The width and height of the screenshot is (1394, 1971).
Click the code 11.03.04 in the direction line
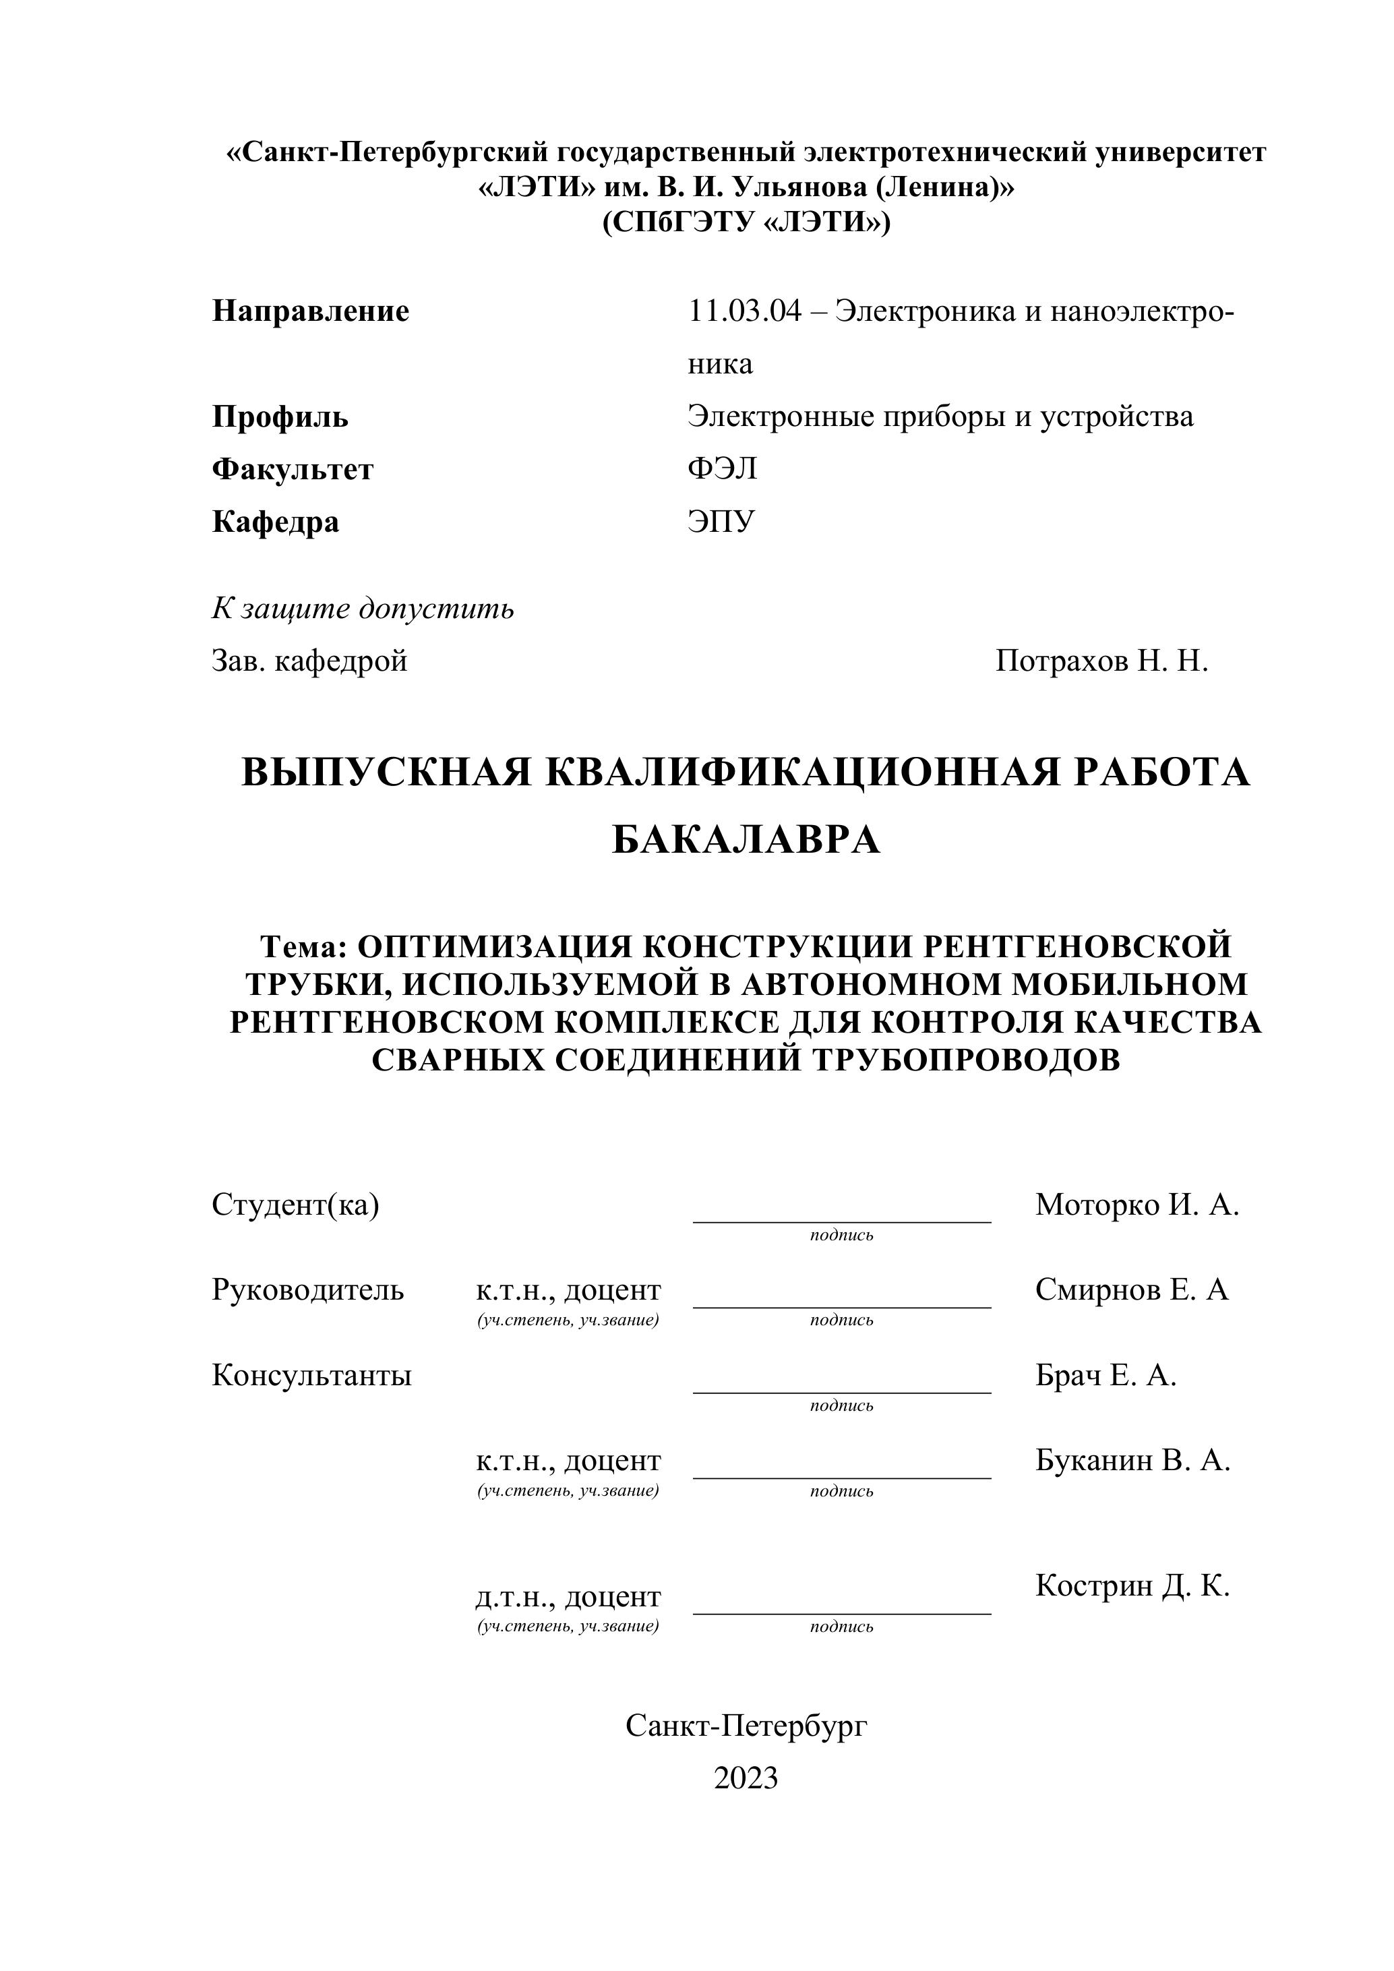(x=744, y=311)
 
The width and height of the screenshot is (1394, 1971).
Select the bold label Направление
(x=310, y=311)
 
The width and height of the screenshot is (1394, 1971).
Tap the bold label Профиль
(x=280, y=417)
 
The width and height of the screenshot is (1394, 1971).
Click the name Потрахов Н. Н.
(x=1101, y=661)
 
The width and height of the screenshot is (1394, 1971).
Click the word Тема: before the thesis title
(x=303, y=947)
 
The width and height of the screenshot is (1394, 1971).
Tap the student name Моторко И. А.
(x=1137, y=1205)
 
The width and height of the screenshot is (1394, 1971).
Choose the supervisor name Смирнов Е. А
(x=1131, y=1290)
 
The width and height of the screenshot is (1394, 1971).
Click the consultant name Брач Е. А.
(x=1105, y=1375)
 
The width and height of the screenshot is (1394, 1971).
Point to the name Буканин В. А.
(x=1132, y=1459)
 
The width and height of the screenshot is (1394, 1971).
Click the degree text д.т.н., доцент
(x=568, y=1597)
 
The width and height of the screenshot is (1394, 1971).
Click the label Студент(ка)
(x=295, y=1205)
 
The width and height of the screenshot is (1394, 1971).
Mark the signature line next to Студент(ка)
(x=841, y=1220)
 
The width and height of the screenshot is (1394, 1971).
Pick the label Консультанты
(x=311, y=1375)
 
